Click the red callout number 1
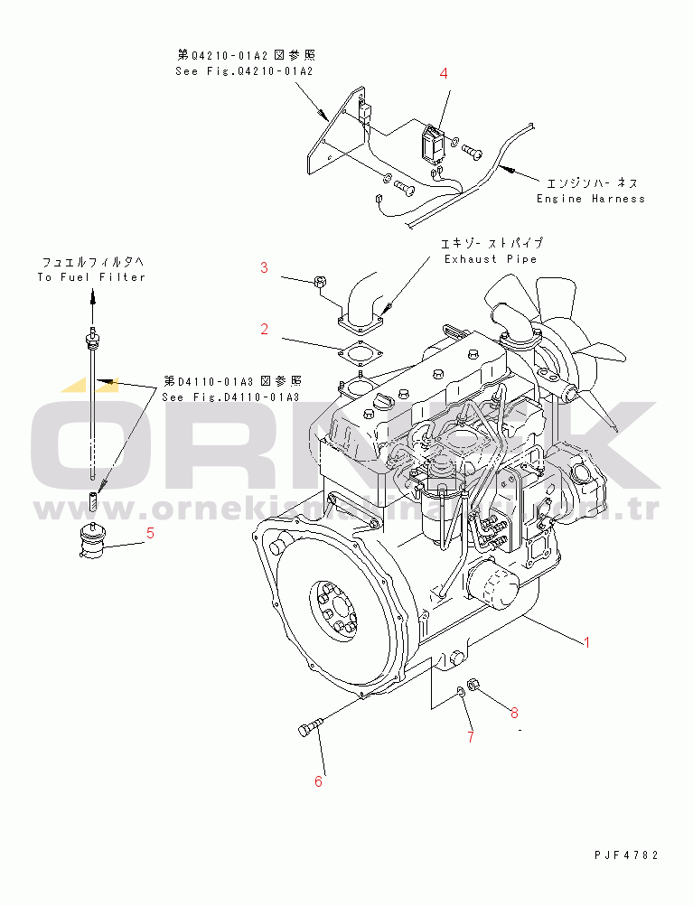pos(586,643)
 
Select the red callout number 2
pos(265,330)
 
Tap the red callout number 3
pos(265,267)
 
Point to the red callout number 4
pos(444,73)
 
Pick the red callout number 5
pos(150,533)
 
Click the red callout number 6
pos(318,781)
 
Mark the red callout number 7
pos(470,737)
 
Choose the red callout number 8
pos(514,713)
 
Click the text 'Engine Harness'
pos(591,199)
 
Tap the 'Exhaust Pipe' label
pos(490,259)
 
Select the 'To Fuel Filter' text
pos(91,277)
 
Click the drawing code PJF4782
pos(626,855)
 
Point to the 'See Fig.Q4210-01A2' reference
pos(244,71)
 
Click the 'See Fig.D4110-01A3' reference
pos(230,397)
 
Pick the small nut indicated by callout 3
pos(319,284)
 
